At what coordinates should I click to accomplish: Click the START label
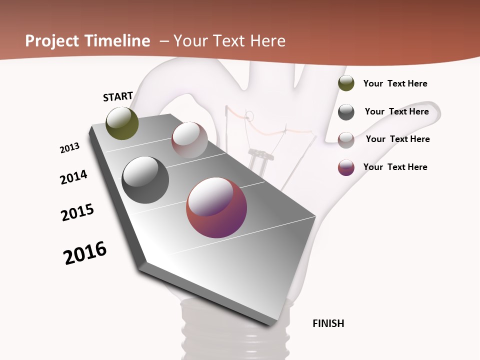click(118, 96)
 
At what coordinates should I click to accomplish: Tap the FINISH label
click(328, 323)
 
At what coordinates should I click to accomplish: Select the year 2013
click(69, 148)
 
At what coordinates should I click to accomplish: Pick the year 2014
click(73, 177)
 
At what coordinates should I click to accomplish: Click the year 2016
click(85, 253)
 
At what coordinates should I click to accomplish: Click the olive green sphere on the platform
click(122, 123)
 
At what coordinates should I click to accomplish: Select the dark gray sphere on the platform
click(145, 180)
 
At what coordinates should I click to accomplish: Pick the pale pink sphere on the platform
click(189, 140)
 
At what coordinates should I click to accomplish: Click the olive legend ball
click(346, 83)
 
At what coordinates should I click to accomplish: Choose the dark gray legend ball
click(346, 112)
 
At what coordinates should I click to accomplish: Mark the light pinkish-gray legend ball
click(346, 140)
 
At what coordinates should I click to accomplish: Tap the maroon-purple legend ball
click(346, 167)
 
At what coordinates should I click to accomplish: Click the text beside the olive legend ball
click(395, 83)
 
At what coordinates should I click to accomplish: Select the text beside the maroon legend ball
click(395, 167)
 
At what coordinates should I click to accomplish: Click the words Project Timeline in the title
click(87, 41)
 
